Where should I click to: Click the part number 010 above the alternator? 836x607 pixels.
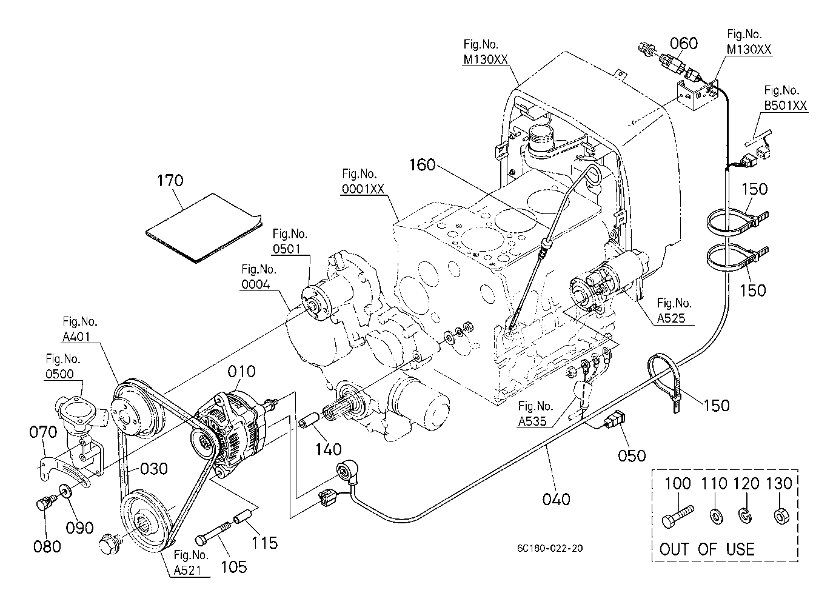coord(241,372)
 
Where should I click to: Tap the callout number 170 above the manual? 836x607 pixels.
coord(170,181)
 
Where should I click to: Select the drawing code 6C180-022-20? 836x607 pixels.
coord(550,548)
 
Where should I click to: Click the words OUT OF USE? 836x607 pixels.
coord(706,549)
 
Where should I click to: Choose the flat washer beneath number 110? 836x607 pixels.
coord(716,517)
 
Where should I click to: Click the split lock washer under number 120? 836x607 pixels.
coord(745,516)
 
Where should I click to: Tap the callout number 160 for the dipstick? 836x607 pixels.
coord(422,164)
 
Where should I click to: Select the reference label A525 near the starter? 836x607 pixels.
coord(671,318)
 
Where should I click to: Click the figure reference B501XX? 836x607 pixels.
coord(785,106)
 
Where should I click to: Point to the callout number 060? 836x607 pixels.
coord(684,44)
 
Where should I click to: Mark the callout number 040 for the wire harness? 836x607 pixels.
coord(557,499)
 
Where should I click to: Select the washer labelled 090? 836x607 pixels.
coord(65,490)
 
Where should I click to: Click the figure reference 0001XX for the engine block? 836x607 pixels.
coord(363,189)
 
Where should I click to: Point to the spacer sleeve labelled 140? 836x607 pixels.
coord(309,420)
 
